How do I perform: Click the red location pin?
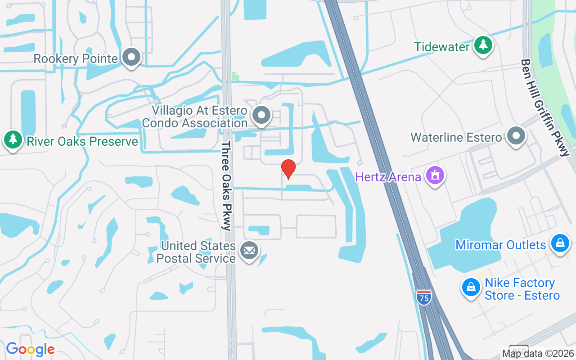[x=288, y=169]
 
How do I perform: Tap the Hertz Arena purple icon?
[x=435, y=175]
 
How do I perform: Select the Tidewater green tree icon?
[x=483, y=45]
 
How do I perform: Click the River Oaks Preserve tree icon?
[x=13, y=140]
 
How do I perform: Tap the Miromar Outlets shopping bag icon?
[x=560, y=243]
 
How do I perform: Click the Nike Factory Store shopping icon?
[x=471, y=287]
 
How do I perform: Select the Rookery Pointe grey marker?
[x=131, y=58]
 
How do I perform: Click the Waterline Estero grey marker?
[x=516, y=136]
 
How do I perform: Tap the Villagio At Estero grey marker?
[x=261, y=115]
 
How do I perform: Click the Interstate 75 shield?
[x=423, y=297]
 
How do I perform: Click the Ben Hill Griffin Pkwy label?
[x=545, y=107]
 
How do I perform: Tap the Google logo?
[x=30, y=349]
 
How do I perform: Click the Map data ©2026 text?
[x=538, y=353]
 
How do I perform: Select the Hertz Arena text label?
[x=388, y=176]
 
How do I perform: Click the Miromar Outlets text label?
[x=500, y=245]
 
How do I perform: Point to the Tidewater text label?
[x=442, y=46]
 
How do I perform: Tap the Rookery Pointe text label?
[x=76, y=58]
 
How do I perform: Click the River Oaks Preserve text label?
[x=82, y=141]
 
